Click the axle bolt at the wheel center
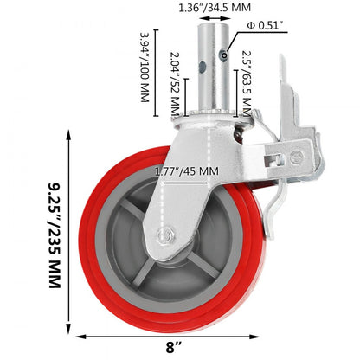[164, 235]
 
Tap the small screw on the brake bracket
[299, 157]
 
